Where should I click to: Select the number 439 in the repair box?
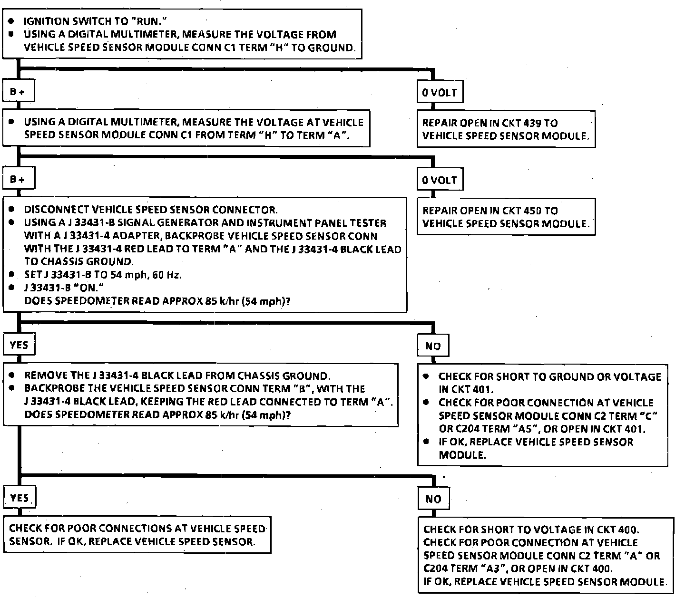tap(532, 123)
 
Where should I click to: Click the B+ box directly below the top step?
tap(18, 92)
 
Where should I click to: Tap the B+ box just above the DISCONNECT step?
tap(18, 180)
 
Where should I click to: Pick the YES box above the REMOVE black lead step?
tap(19, 345)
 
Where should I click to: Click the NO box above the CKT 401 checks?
tap(433, 346)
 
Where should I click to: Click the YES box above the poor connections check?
tap(19, 498)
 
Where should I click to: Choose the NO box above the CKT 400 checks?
tap(433, 499)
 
